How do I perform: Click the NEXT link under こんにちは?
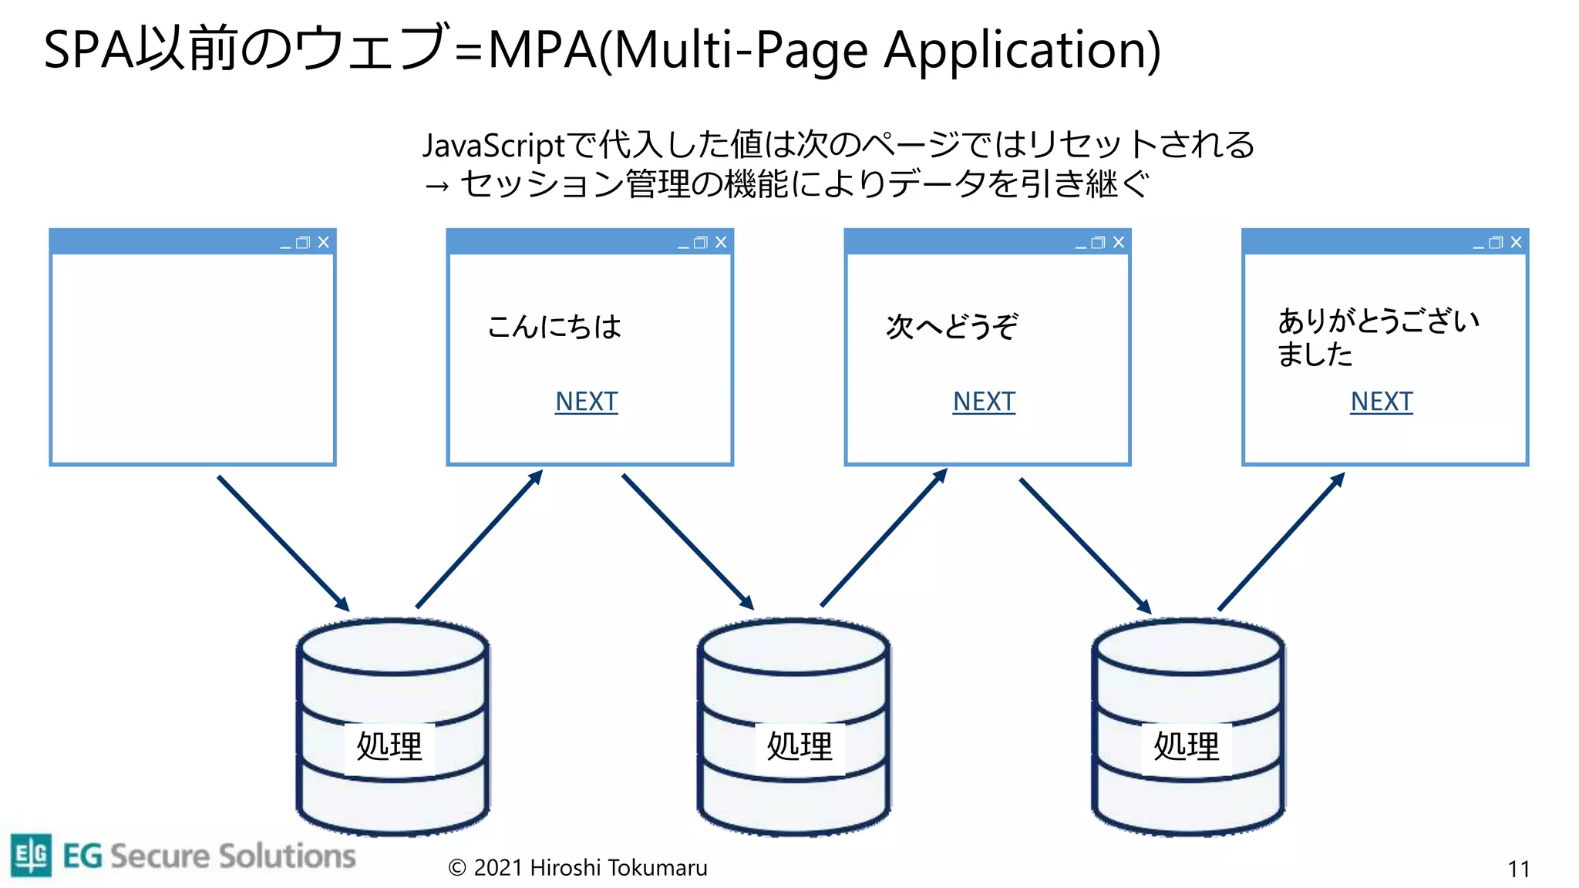click(x=586, y=402)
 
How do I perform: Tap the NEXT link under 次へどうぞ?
click(x=984, y=402)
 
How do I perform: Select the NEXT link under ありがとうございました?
click(x=1381, y=402)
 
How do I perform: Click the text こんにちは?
click(x=554, y=327)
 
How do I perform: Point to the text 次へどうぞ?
click(x=951, y=327)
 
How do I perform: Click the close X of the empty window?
click(x=324, y=242)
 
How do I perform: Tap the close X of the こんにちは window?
click(x=721, y=242)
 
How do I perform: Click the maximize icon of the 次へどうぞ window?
click(x=1099, y=243)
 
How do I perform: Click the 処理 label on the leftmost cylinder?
click(x=389, y=746)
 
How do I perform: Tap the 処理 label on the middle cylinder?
click(x=800, y=746)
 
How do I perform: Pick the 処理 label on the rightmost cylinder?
click(x=1186, y=746)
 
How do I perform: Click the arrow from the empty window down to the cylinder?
click(x=283, y=543)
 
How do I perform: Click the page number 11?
click(x=1518, y=869)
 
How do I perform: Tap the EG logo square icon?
click(x=31, y=855)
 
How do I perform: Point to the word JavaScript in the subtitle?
click(x=493, y=145)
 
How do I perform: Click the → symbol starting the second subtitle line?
click(x=436, y=186)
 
